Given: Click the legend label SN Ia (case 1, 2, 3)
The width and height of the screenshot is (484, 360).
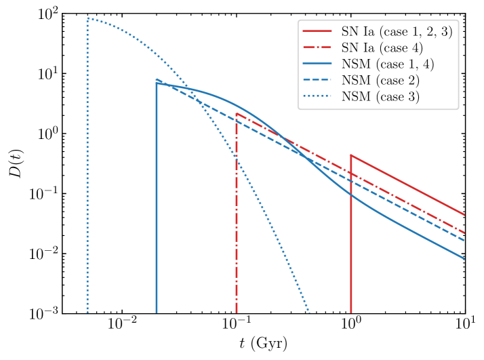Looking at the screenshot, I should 397,31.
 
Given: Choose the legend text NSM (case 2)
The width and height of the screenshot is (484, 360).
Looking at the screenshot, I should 380,80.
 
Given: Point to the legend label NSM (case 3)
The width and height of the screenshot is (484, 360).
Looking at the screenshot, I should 380,96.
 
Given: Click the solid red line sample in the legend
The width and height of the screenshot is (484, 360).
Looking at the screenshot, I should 317,31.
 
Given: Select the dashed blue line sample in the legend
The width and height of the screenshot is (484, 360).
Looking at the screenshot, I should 317,80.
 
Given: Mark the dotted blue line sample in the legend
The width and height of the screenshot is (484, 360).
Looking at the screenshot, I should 317,96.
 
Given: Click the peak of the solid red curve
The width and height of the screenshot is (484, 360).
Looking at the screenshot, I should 351,155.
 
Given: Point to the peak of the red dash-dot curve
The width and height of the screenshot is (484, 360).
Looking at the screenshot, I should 237,113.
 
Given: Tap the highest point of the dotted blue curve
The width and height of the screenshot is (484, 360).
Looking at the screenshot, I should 88,18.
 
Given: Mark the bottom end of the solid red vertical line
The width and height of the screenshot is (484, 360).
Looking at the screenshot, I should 351,313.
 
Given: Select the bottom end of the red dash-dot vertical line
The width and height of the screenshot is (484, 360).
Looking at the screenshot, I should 237,313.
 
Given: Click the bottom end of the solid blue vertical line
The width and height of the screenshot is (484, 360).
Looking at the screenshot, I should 157,313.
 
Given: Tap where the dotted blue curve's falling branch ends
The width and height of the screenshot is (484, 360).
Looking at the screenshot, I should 310,313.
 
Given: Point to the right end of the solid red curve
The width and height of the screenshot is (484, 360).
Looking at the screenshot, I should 465,215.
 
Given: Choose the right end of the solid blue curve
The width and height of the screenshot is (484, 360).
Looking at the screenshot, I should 465,258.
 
